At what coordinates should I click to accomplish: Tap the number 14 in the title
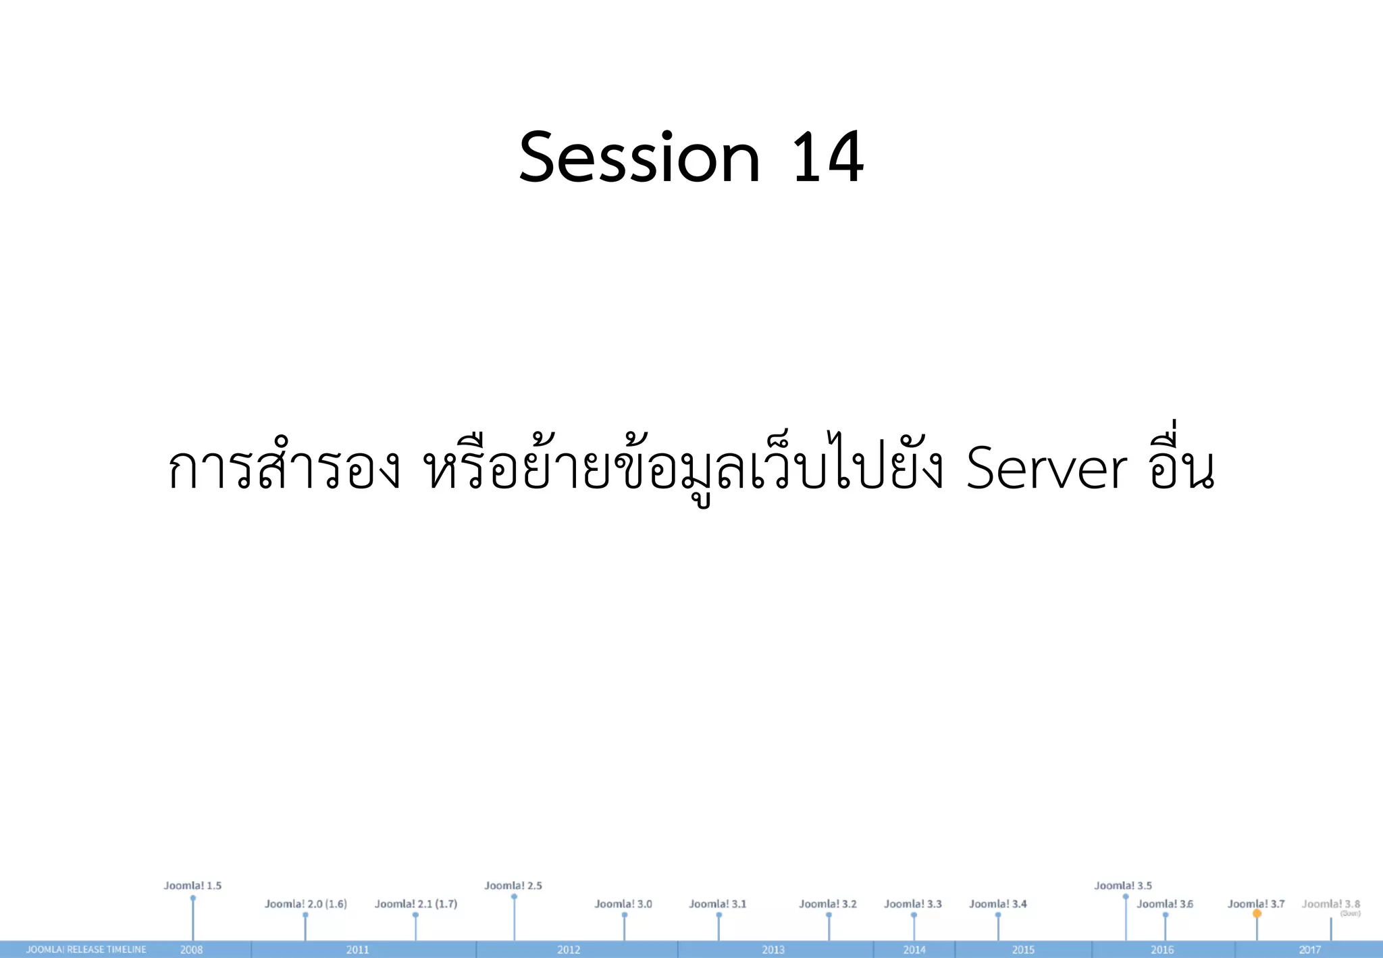click(x=827, y=158)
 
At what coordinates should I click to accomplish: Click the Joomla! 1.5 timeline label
click(x=192, y=886)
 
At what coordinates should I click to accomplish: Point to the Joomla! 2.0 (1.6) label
click(x=305, y=904)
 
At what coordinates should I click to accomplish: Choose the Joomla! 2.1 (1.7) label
click(x=416, y=904)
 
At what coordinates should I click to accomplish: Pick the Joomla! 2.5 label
click(x=513, y=886)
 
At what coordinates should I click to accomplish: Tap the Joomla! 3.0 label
click(x=623, y=904)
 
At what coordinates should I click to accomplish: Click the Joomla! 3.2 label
click(x=828, y=904)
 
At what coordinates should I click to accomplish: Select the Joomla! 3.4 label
click(x=997, y=904)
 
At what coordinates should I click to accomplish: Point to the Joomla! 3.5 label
click(x=1123, y=886)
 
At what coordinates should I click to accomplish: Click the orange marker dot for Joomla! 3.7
click(x=1257, y=913)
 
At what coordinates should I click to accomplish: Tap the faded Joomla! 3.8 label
click(x=1331, y=904)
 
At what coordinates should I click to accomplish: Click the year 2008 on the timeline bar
click(x=192, y=950)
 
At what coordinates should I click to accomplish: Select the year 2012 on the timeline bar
click(x=569, y=950)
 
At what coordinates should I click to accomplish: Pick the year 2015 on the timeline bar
click(x=1023, y=950)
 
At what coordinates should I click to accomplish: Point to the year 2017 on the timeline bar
click(x=1309, y=950)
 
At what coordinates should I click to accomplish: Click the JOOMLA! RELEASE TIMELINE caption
click(x=86, y=950)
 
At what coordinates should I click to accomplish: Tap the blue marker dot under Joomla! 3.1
click(x=719, y=915)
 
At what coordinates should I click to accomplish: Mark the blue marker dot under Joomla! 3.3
click(x=914, y=915)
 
